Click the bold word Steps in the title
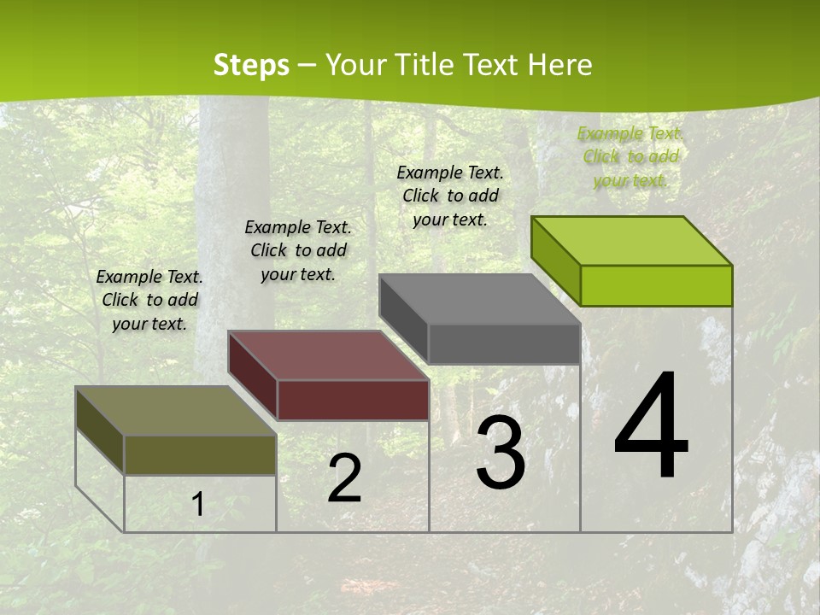coord(251,65)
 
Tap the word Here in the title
coord(559,65)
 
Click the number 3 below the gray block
coord(501,453)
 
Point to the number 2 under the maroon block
coord(344,478)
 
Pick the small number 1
coord(197,505)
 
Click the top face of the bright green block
coord(632,240)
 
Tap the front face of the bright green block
coord(656,285)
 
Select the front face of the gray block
coord(504,344)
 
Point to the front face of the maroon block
coord(353,400)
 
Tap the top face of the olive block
coord(176,411)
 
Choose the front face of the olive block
coord(200,454)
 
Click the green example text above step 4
coord(630,156)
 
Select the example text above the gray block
coord(450,196)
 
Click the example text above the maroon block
coord(298,250)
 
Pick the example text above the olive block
coord(149,300)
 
